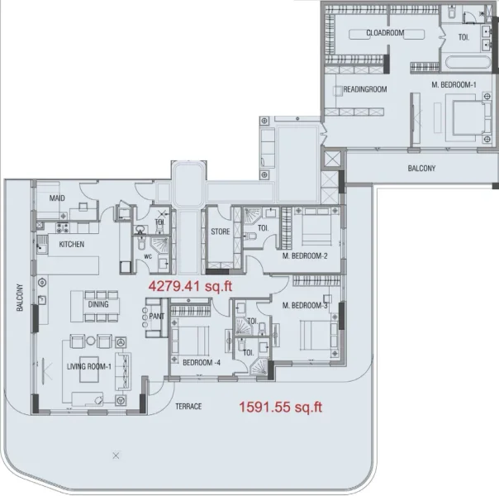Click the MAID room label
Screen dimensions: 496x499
[x=57, y=198]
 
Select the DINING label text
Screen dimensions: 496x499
[x=98, y=304]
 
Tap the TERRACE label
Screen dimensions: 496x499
[x=188, y=407]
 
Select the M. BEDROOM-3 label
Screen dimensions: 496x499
[x=306, y=306]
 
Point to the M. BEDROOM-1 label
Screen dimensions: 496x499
[x=454, y=85]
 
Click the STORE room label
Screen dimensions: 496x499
[x=220, y=231]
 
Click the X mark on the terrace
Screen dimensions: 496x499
[x=116, y=455]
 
